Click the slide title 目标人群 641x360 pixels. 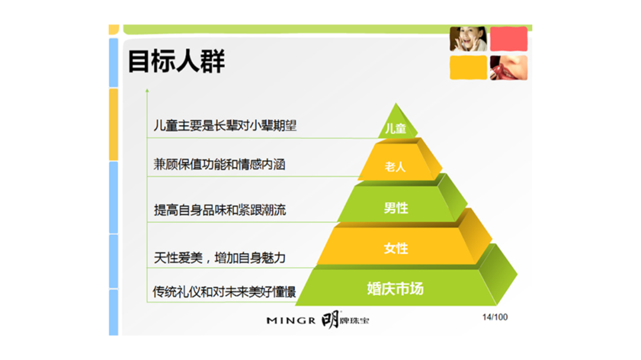coord(176,61)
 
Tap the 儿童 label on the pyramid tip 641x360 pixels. coord(395,128)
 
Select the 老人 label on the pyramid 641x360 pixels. coord(395,167)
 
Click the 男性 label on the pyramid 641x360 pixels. coord(396,208)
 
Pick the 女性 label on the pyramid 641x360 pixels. coord(396,248)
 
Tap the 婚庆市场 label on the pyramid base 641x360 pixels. coord(395,288)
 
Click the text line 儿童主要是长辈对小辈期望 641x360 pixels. coord(225,126)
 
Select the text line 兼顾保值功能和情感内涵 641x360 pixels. coord(219,164)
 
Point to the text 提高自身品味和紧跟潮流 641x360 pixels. coord(220,210)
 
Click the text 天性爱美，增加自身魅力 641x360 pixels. coord(220,258)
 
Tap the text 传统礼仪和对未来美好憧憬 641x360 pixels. coord(224,292)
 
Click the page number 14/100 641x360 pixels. coord(494,317)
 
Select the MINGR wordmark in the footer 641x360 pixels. coord(291,321)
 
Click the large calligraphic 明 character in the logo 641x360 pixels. coord(331,320)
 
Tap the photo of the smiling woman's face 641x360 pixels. coord(468,39)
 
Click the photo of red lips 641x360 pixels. coord(509,68)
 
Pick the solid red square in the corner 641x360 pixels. coord(509,39)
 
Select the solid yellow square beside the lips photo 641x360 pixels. coord(468,68)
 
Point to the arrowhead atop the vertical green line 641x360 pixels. coord(147,90)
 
